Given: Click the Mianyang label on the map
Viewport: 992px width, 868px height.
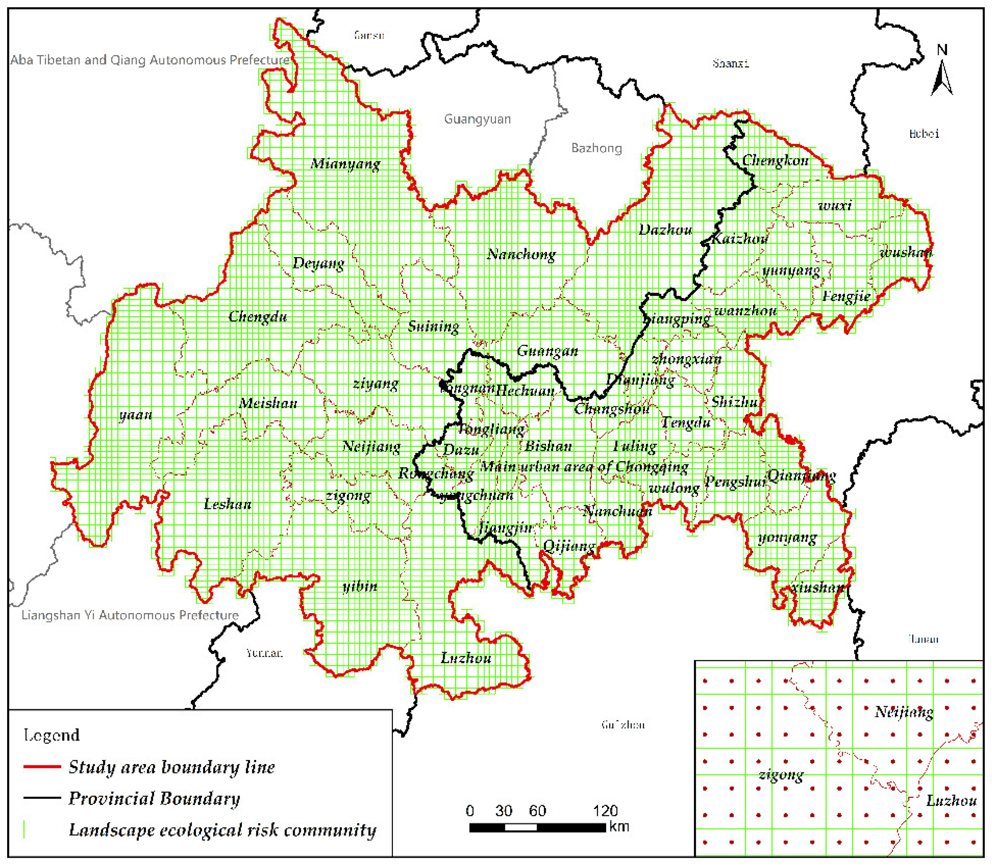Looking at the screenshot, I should (x=345, y=164).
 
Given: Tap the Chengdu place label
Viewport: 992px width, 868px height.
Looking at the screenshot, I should (x=257, y=317).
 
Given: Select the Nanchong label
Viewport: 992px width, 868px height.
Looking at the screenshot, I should (x=521, y=254).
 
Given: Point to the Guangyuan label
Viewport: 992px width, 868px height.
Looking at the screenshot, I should (x=477, y=119).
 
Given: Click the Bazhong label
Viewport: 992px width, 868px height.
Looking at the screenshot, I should (x=596, y=148).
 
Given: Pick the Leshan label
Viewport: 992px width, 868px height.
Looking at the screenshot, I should (x=227, y=504).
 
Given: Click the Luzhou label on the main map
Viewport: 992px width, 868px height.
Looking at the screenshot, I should (x=466, y=658).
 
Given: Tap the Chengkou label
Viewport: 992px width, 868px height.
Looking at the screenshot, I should (x=775, y=160).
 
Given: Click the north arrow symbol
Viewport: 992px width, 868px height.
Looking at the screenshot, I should (x=942, y=73).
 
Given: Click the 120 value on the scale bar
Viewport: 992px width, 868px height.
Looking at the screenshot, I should (x=605, y=811).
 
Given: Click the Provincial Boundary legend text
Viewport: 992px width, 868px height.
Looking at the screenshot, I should (x=154, y=798).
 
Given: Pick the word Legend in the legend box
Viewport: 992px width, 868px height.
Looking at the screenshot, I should (x=52, y=735).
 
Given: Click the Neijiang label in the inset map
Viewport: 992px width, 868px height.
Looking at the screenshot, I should (x=904, y=712).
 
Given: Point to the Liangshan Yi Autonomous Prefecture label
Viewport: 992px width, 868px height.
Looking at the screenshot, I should (x=130, y=615).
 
